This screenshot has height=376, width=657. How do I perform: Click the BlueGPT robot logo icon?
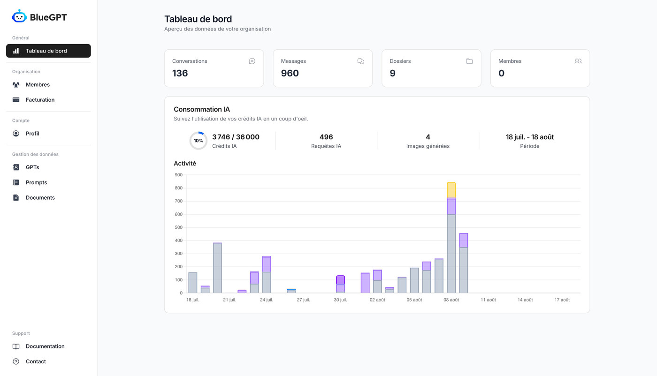tap(19, 16)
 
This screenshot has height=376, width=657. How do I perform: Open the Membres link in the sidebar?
tap(38, 85)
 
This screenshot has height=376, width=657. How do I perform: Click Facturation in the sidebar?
tap(40, 100)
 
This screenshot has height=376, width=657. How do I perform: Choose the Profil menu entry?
tap(32, 134)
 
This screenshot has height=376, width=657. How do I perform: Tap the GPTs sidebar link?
tap(32, 167)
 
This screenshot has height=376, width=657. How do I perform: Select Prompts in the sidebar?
tap(36, 182)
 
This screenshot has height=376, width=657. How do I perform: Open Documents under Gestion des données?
tap(40, 197)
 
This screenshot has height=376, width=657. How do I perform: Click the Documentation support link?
tap(45, 346)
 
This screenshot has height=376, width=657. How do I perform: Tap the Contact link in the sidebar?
tap(36, 361)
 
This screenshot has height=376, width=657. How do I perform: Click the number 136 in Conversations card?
tap(180, 73)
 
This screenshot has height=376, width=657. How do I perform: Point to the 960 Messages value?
tap(290, 73)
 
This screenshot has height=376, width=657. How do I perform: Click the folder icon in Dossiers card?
tap(469, 61)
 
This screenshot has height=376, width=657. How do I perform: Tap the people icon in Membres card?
tap(578, 61)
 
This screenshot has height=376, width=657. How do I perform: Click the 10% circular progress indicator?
tap(198, 141)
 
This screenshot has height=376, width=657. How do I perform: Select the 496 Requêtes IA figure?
tap(326, 137)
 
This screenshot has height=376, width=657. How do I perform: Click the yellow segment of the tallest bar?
tap(451, 190)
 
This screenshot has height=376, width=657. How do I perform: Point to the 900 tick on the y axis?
tap(178, 175)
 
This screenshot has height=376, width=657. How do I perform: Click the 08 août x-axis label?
tap(451, 300)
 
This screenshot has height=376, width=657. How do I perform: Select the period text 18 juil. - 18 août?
tap(529, 137)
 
